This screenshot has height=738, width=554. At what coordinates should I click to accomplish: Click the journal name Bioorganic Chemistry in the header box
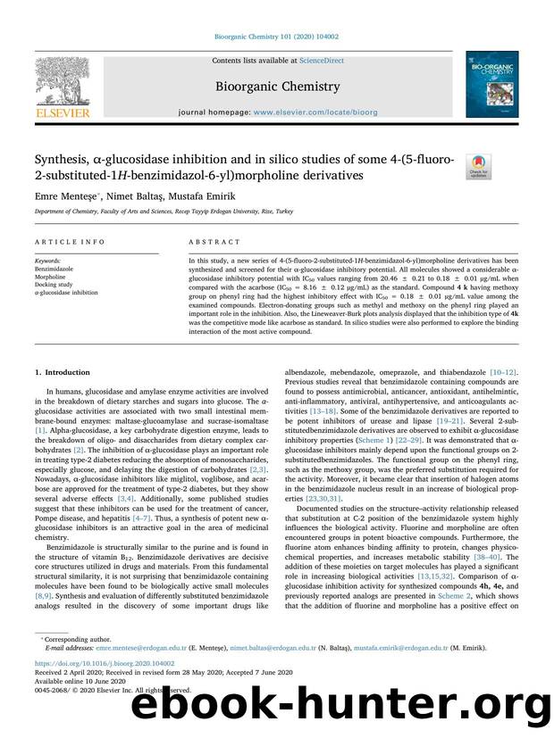tap(276, 87)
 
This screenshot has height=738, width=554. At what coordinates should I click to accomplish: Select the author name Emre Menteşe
tap(66, 195)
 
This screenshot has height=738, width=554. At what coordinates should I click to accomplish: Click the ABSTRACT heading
tap(214, 242)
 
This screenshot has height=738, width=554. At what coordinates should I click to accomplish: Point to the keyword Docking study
tap(55, 284)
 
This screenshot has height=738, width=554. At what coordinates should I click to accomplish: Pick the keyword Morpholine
tap(51, 276)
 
